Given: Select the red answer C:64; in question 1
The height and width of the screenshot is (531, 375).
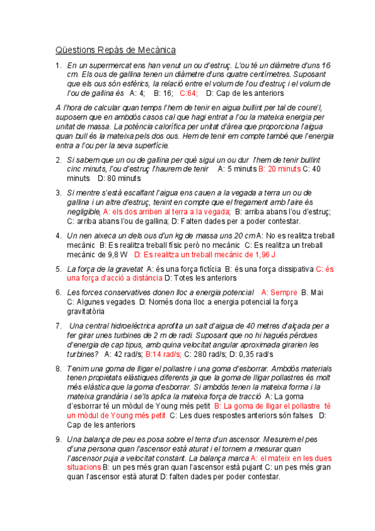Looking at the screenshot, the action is tap(188, 93).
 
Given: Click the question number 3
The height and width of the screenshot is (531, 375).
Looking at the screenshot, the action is tap(58, 192).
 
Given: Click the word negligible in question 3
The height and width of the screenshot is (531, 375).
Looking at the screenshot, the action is tap(84, 211).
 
